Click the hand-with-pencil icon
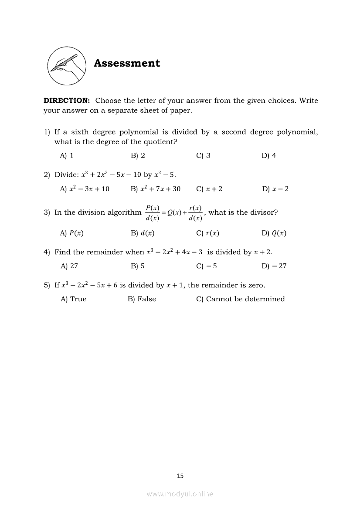point(66,65)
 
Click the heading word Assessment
point(127,63)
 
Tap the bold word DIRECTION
point(67,101)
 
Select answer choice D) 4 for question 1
point(268,155)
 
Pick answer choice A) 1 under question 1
point(67,155)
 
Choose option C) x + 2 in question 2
point(209,189)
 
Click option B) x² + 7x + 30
point(155,189)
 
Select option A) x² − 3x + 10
point(85,189)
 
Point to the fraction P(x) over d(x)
point(153,213)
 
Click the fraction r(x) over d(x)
point(195,213)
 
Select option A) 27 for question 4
point(69,266)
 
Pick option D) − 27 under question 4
point(274,266)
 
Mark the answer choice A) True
point(73,299)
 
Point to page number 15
point(180,476)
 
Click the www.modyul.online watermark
point(180,494)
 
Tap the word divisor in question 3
point(264,212)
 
